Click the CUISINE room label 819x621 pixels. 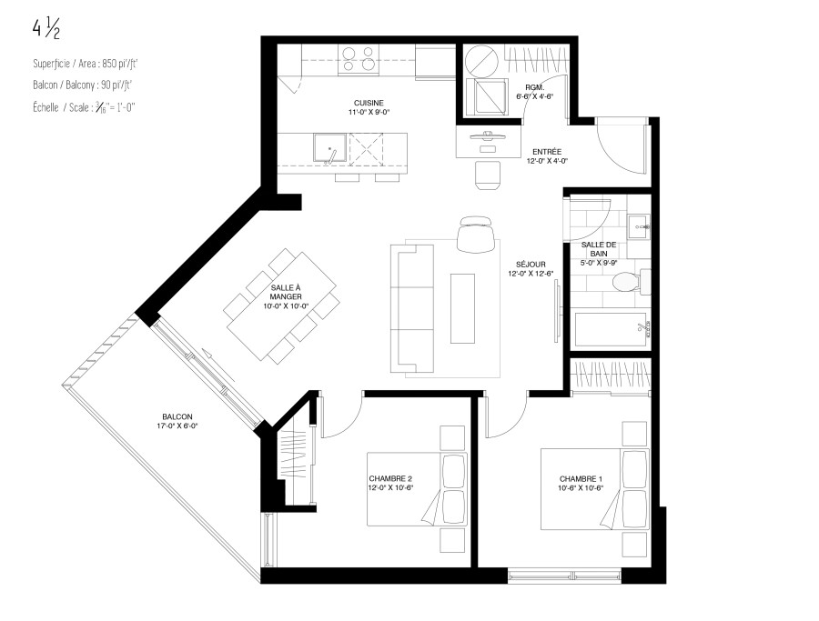(x=369, y=103)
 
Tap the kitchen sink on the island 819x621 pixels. (x=329, y=147)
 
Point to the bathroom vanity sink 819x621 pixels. (x=638, y=226)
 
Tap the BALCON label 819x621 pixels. (x=177, y=416)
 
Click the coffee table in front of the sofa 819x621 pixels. (x=462, y=308)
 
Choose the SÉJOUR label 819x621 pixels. (x=531, y=264)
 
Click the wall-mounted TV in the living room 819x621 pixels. (x=557, y=311)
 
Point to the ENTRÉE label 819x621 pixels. (x=547, y=152)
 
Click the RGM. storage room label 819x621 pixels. (x=534, y=87)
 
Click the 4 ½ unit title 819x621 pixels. (x=46, y=30)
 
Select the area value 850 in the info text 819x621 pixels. (x=108, y=64)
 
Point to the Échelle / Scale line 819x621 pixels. (x=84, y=107)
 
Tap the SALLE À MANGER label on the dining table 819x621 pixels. (x=286, y=292)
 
